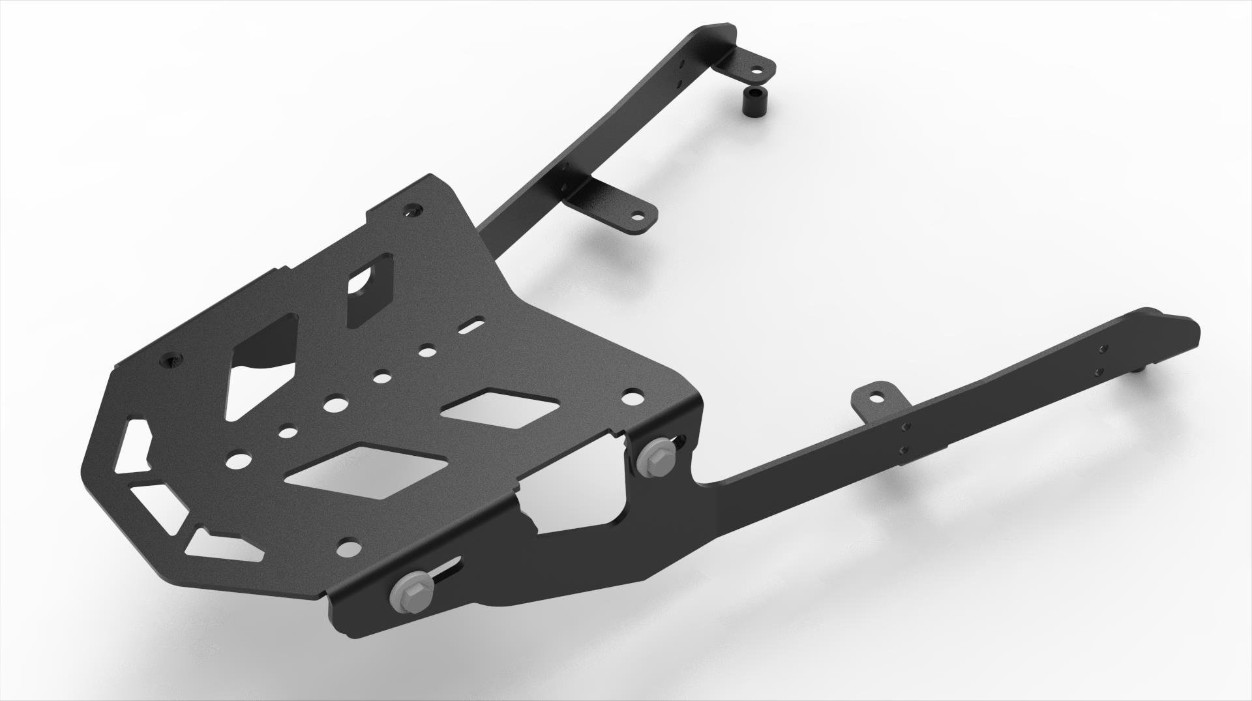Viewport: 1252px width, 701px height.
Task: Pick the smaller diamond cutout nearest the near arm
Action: point(500,410)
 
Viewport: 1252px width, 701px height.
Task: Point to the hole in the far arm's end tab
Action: point(756,69)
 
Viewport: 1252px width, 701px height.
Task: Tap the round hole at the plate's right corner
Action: point(631,396)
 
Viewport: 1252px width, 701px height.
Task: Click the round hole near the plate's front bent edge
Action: point(351,547)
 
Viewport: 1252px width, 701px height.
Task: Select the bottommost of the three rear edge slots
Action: point(225,546)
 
